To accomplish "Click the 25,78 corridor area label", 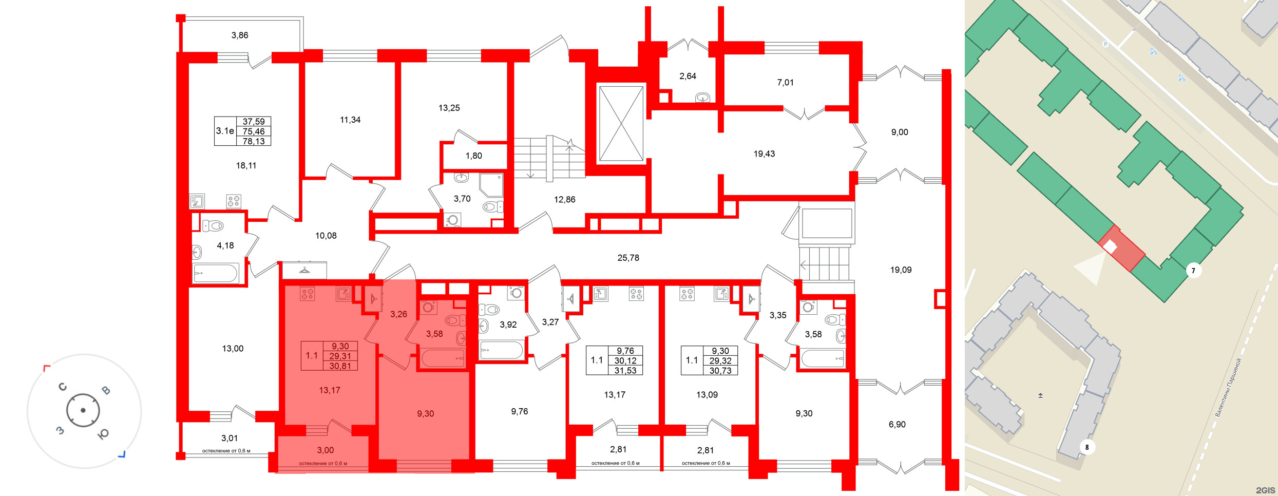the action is click(628, 258).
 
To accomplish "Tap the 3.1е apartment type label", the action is click(225, 131).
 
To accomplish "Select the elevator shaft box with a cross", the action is click(621, 124).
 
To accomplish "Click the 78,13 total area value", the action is click(254, 141).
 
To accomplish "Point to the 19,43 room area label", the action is click(764, 154).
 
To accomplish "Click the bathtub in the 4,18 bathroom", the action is click(216, 273).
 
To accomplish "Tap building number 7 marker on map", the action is click(1193, 271).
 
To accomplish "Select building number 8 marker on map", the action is click(1087, 447).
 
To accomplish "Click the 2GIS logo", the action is click(1265, 490).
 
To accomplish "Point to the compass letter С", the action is click(63, 387).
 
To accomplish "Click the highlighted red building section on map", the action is click(1121, 249).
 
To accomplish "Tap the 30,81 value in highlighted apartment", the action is click(340, 366).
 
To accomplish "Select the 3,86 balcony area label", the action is click(239, 35).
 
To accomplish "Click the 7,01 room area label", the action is click(785, 82).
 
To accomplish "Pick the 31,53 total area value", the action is click(625, 371).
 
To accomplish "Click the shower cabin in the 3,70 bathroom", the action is click(491, 185).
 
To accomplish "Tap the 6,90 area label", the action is click(897, 425).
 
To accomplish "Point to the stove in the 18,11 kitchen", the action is click(234, 201).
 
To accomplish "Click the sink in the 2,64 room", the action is click(702, 98).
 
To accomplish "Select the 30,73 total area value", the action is click(720, 371).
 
